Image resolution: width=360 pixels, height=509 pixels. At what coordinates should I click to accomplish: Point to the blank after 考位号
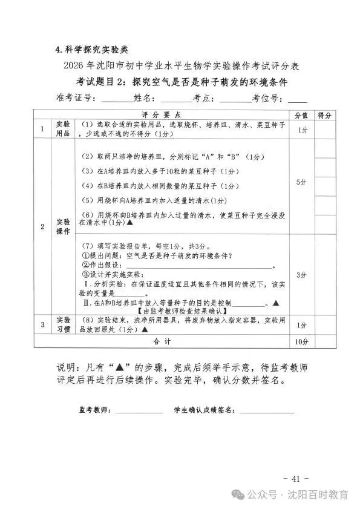(296, 99)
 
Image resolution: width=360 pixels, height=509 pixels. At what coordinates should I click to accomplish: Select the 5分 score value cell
(301, 182)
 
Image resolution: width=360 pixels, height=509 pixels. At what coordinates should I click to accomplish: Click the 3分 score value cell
(301, 275)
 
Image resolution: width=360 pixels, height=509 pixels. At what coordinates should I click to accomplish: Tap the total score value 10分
(301, 342)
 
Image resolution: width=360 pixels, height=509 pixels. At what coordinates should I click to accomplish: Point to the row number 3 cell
(42, 324)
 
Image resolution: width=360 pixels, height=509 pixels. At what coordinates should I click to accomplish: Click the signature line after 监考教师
(139, 412)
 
